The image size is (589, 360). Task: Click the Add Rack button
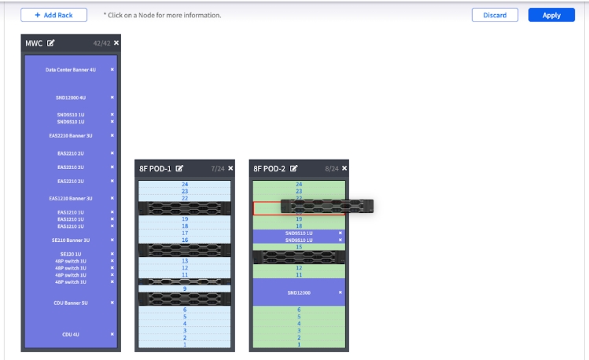(x=54, y=15)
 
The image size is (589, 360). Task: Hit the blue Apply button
(x=551, y=15)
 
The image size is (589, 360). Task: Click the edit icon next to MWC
(x=51, y=43)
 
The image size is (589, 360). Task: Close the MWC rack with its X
(x=116, y=42)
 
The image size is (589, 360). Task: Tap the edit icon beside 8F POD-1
(x=179, y=168)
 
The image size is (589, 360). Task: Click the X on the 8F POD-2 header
(x=344, y=168)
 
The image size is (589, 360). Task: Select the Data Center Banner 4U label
(x=71, y=70)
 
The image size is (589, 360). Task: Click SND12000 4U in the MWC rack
(x=71, y=98)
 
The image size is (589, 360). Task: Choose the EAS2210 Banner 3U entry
(x=71, y=135)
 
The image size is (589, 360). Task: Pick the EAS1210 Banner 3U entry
(x=71, y=198)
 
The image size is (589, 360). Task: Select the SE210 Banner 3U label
(x=71, y=240)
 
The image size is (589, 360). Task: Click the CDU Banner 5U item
(x=71, y=303)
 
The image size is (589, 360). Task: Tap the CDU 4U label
(x=71, y=335)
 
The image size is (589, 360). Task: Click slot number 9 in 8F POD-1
(x=185, y=288)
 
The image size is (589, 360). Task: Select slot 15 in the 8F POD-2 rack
(x=299, y=247)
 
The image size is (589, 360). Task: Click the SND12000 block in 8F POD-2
(x=299, y=292)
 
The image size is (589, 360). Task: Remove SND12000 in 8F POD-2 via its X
(x=341, y=292)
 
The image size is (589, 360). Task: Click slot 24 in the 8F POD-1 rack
(x=185, y=184)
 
